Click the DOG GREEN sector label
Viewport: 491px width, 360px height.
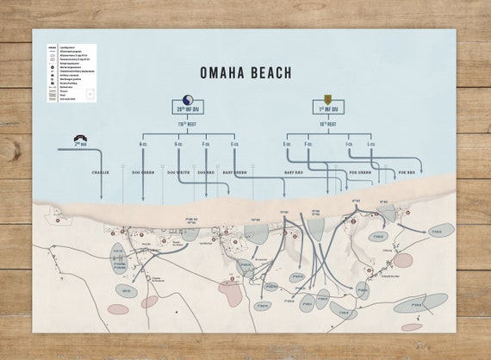coord(142,172)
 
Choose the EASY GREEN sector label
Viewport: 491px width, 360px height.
coord(234,172)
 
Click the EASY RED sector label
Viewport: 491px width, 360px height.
coord(295,172)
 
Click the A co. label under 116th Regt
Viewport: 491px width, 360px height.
coord(142,144)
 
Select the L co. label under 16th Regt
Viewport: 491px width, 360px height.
coord(374,144)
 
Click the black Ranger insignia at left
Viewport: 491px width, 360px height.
coord(79,137)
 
